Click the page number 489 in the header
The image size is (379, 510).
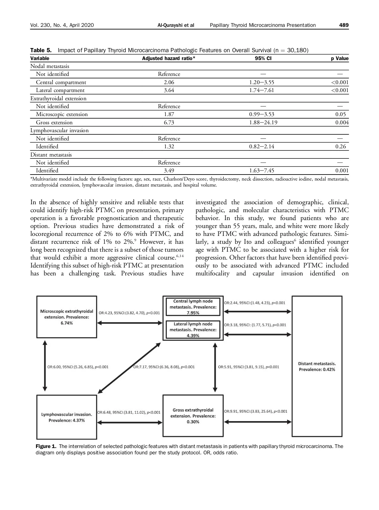click(x=344, y=25)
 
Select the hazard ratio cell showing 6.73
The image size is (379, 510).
click(x=169, y=122)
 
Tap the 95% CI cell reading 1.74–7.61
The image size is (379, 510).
click(x=262, y=90)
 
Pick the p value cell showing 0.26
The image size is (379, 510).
click(x=340, y=146)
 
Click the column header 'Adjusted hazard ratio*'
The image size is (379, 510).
click(x=169, y=58)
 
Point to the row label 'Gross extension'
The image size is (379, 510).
click(x=54, y=122)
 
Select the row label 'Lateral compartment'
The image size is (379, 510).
click(x=60, y=90)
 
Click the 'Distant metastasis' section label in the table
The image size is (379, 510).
click(x=51, y=155)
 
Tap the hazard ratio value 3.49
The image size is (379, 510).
click(x=169, y=171)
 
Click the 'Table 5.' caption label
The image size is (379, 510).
click(x=41, y=50)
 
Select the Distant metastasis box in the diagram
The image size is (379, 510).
click(x=317, y=366)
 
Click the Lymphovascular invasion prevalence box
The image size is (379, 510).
click(x=67, y=417)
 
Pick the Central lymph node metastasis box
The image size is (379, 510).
click(x=193, y=307)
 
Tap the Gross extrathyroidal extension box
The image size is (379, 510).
click(x=193, y=416)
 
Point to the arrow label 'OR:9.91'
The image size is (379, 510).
click(x=256, y=411)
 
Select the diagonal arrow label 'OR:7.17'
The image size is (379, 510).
click(x=164, y=367)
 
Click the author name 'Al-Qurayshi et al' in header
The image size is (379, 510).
click(x=176, y=25)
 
